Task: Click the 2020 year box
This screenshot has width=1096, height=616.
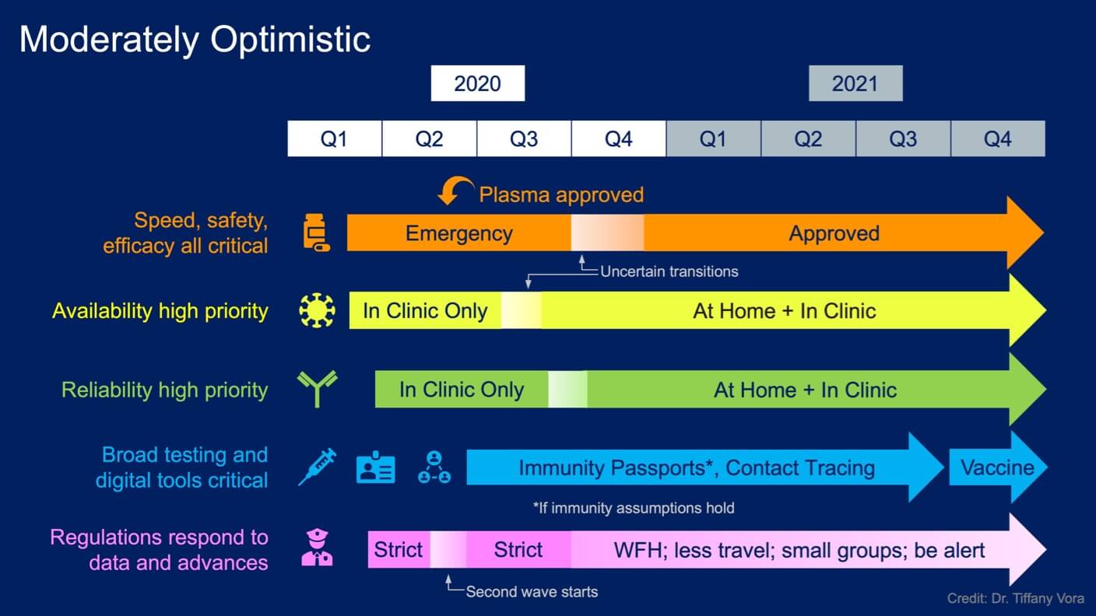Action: pyautogui.click(x=477, y=83)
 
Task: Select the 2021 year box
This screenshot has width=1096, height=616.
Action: pyautogui.click(x=855, y=83)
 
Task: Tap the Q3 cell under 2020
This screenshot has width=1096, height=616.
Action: pyautogui.click(x=524, y=139)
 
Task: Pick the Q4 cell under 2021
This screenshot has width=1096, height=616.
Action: pyautogui.click(x=998, y=139)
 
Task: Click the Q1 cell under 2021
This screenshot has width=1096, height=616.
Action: pyautogui.click(x=713, y=139)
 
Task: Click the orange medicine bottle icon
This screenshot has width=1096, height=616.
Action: pyautogui.click(x=316, y=233)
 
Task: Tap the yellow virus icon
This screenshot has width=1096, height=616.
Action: pyautogui.click(x=317, y=310)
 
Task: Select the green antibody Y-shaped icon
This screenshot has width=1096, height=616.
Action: pyautogui.click(x=317, y=389)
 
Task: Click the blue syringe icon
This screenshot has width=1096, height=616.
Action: pyautogui.click(x=318, y=467)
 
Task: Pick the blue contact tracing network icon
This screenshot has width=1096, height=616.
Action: pyautogui.click(x=434, y=467)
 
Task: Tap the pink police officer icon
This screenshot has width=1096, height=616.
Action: pyautogui.click(x=317, y=547)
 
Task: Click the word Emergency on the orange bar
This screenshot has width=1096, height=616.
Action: pyautogui.click(x=459, y=233)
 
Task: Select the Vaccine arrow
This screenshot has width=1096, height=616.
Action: pyautogui.click(x=998, y=467)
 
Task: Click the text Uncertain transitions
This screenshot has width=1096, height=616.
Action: pyautogui.click(x=669, y=271)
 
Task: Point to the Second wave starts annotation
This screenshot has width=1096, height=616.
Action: pyautogui.click(x=532, y=592)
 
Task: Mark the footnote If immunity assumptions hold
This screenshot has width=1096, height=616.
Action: pyautogui.click(x=634, y=508)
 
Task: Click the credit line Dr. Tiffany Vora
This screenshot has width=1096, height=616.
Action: pyautogui.click(x=1015, y=598)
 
